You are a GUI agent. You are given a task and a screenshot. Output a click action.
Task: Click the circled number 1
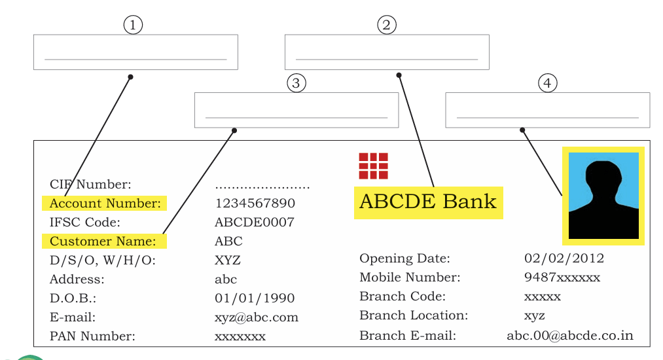pyautogui.click(x=133, y=25)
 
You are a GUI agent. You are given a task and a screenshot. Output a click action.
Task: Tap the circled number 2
pyautogui.click(x=386, y=25)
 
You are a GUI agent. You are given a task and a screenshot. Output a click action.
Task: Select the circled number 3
pyautogui.click(x=296, y=83)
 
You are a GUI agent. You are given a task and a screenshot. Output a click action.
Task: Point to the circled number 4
pyautogui.click(x=548, y=83)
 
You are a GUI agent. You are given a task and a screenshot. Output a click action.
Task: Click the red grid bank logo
pyautogui.click(x=373, y=166)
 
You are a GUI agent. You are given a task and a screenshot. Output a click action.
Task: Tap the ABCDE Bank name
pyautogui.click(x=428, y=202)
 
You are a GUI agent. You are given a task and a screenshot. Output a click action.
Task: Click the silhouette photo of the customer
pyautogui.click(x=603, y=196)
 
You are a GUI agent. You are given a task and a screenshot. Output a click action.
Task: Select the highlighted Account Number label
pyautogui.click(x=105, y=203)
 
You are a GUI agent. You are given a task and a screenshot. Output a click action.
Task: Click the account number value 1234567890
pyautogui.click(x=255, y=203)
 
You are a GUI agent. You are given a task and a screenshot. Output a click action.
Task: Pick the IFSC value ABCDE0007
pyautogui.click(x=255, y=222)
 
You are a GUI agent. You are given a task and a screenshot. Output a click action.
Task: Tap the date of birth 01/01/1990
pyautogui.click(x=255, y=298)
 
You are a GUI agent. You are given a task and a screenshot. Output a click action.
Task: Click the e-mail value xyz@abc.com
pyautogui.click(x=257, y=317)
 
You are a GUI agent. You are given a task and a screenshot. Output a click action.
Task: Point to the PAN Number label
pyautogui.click(x=92, y=336)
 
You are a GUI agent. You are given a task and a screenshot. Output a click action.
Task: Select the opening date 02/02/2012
pyautogui.click(x=564, y=258)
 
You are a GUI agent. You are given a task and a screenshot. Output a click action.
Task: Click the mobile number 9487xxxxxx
pyautogui.click(x=562, y=277)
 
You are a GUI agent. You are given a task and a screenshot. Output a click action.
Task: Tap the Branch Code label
pyautogui.click(x=403, y=296)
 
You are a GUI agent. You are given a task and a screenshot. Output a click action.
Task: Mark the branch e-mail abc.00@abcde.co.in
pyautogui.click(x=570, y=336)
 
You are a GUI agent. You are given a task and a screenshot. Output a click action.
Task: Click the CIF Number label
pyautogui.click(x=90, y=184)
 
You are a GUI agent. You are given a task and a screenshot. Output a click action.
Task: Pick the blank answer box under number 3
pyautogui.click(x=296, y=110)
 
